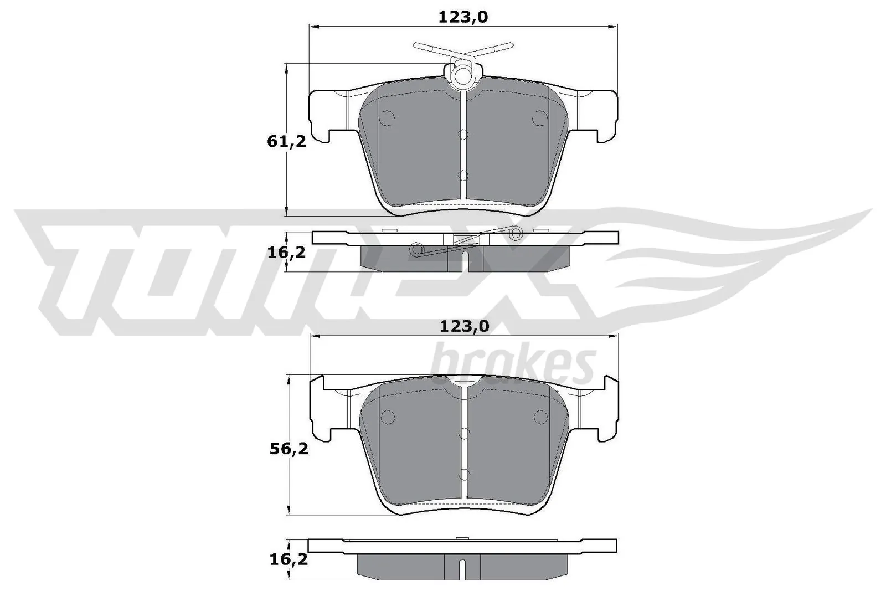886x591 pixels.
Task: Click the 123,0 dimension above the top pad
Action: coord(463,17)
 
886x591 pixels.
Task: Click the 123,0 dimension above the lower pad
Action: coord(464,327)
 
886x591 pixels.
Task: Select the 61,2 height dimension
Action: coord(286,141)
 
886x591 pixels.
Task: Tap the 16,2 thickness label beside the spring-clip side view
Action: coord(286,253)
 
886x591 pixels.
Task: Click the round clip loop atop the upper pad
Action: coord(462,74)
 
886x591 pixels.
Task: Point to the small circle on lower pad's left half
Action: coord(387,417)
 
